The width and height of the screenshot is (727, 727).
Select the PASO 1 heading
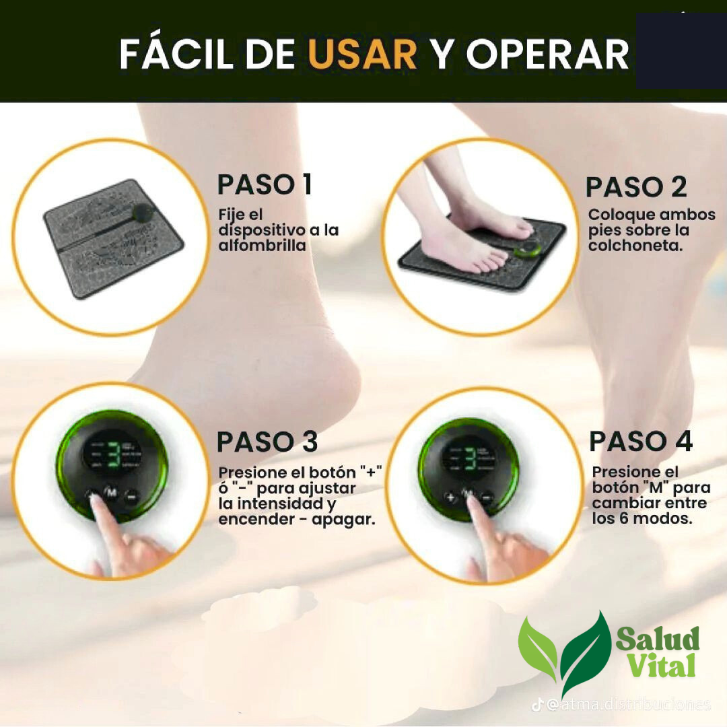[265, 184]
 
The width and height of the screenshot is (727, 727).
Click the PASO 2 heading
[636, 187]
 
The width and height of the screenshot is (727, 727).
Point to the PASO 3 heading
[267, 442]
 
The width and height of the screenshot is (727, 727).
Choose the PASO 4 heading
[641, 442]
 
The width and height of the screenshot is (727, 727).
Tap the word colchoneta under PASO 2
[634, 246]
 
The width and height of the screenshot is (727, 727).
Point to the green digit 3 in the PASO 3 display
[113, 455]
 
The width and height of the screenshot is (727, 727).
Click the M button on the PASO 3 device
[110, 493]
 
